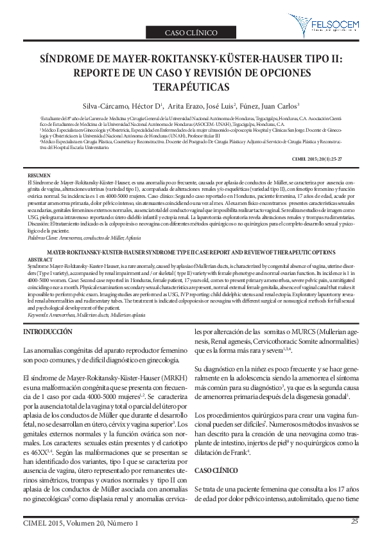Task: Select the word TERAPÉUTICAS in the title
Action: tap(191, 85)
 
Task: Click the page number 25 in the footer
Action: tap(354, 522)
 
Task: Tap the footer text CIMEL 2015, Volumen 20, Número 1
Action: tap(80, 524)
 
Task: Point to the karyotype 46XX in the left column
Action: tap(31, 434)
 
